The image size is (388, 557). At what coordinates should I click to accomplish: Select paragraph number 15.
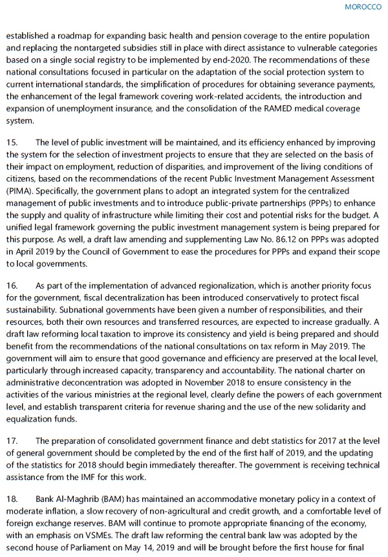(x=12, y=142)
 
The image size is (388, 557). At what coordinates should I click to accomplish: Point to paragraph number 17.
(x=12, y=441)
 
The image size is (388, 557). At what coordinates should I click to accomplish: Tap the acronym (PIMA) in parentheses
(x=19, y=192)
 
